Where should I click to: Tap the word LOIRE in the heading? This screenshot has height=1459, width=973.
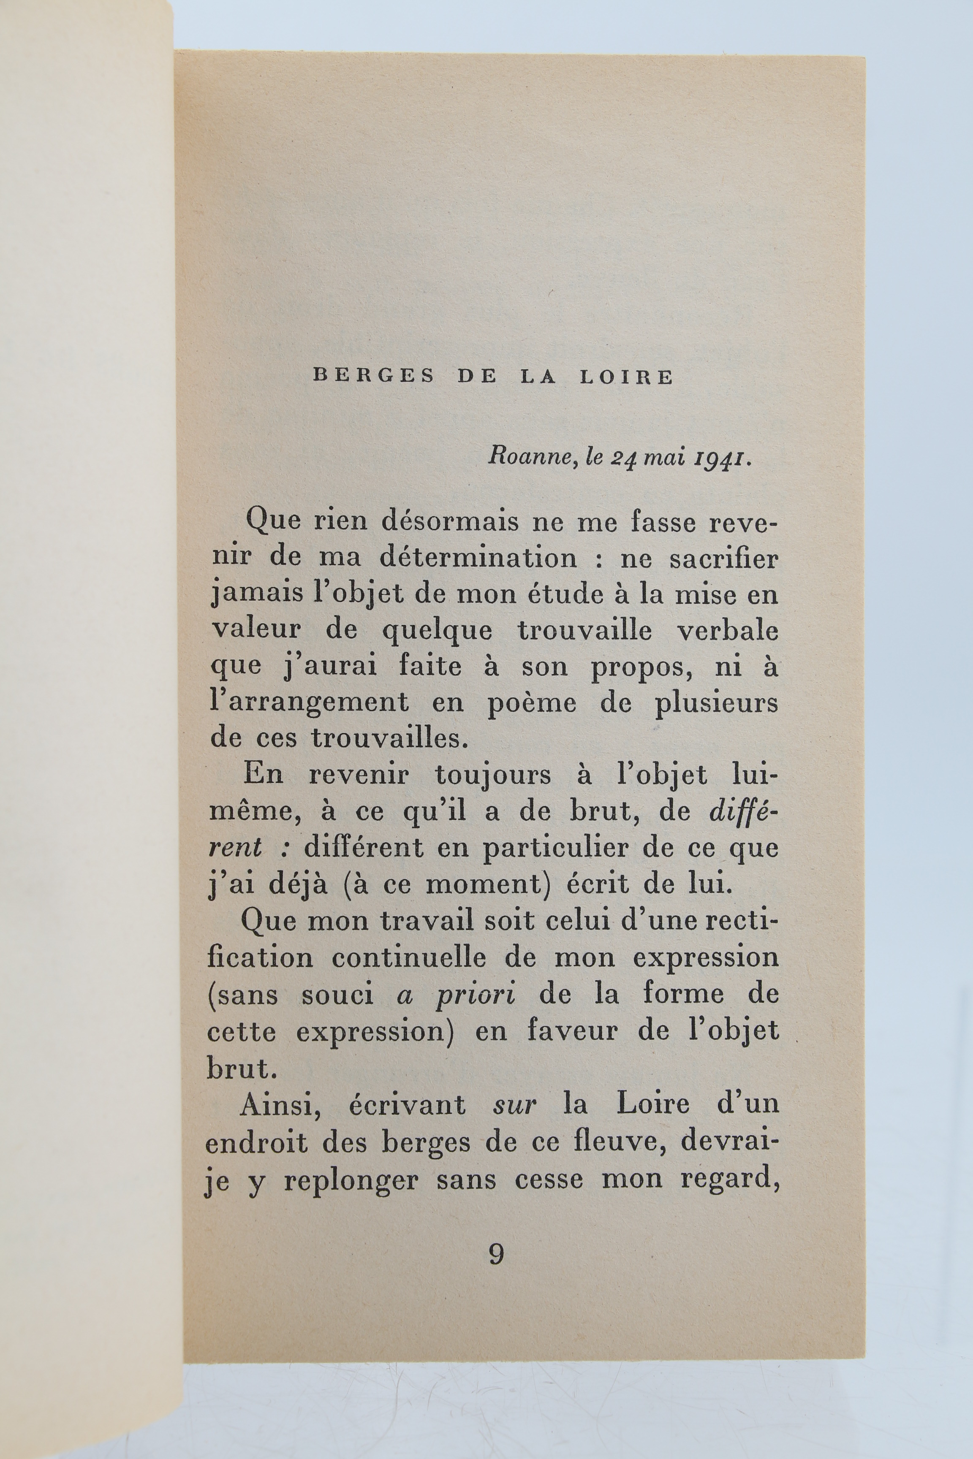pyautogui.click(x=626, y=377)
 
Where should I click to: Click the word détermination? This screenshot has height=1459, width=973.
pyautogui.click(x=478, y=558)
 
